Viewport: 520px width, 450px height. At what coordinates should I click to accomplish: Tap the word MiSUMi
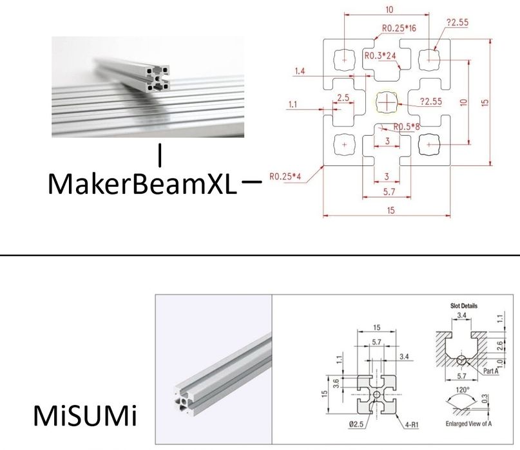click(84, 417)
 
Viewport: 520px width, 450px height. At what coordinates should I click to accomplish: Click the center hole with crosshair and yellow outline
click(387, 102)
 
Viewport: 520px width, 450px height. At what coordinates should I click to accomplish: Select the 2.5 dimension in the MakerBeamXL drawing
click(343, 98)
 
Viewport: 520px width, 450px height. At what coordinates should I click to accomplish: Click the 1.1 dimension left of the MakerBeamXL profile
click(293, 104)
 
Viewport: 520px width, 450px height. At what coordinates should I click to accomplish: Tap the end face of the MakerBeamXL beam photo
click(157, 79)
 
